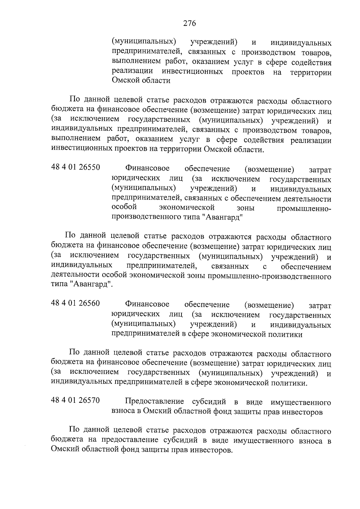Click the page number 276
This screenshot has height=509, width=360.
click(189, 23)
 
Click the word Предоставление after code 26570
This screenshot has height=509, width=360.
click(154, 402)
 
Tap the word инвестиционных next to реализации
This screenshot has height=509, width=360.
click(192, 72)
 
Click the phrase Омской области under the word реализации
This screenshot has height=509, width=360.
click(141, 81)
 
